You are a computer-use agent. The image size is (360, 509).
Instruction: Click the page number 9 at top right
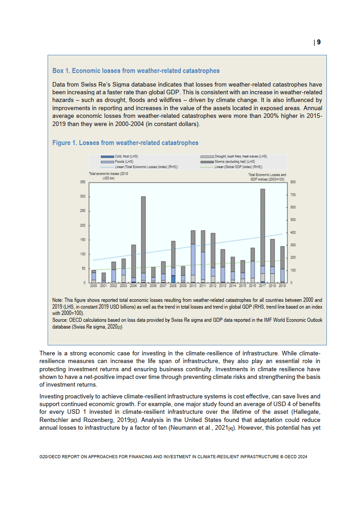tap(318, 42)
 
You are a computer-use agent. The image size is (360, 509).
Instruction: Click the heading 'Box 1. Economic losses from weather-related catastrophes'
tap(136, 71)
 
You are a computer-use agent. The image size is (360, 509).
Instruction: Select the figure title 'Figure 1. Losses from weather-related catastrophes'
tap(125, 143)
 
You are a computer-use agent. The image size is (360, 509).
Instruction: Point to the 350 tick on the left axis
tap(83, 182)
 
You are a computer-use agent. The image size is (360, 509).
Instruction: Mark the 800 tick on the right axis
tap(293, 182)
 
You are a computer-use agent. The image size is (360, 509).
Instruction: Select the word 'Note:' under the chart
tap(58, 300)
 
